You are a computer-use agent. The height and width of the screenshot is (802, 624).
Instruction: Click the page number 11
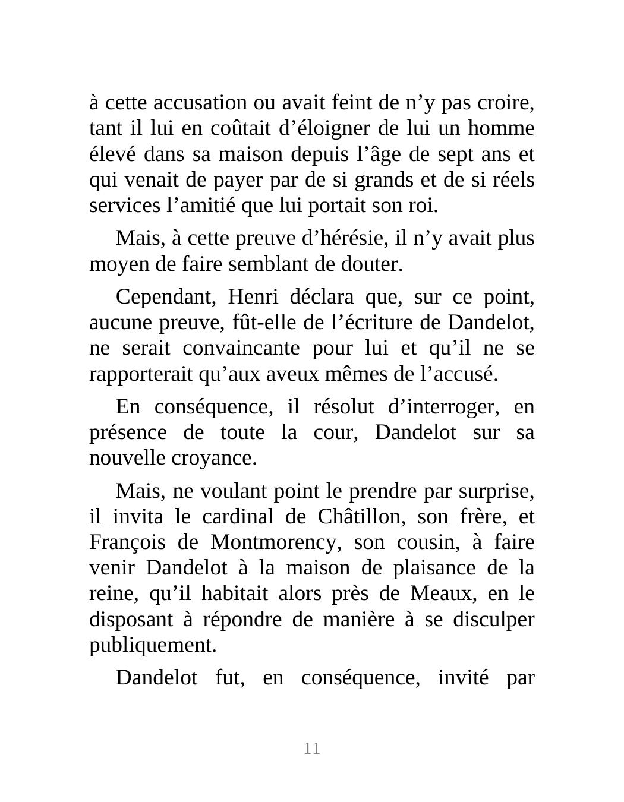coord(312,749)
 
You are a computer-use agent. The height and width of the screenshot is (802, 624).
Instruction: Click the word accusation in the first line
coord(200,103)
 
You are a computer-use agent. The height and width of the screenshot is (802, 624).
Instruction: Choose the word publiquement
coord(153,645)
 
